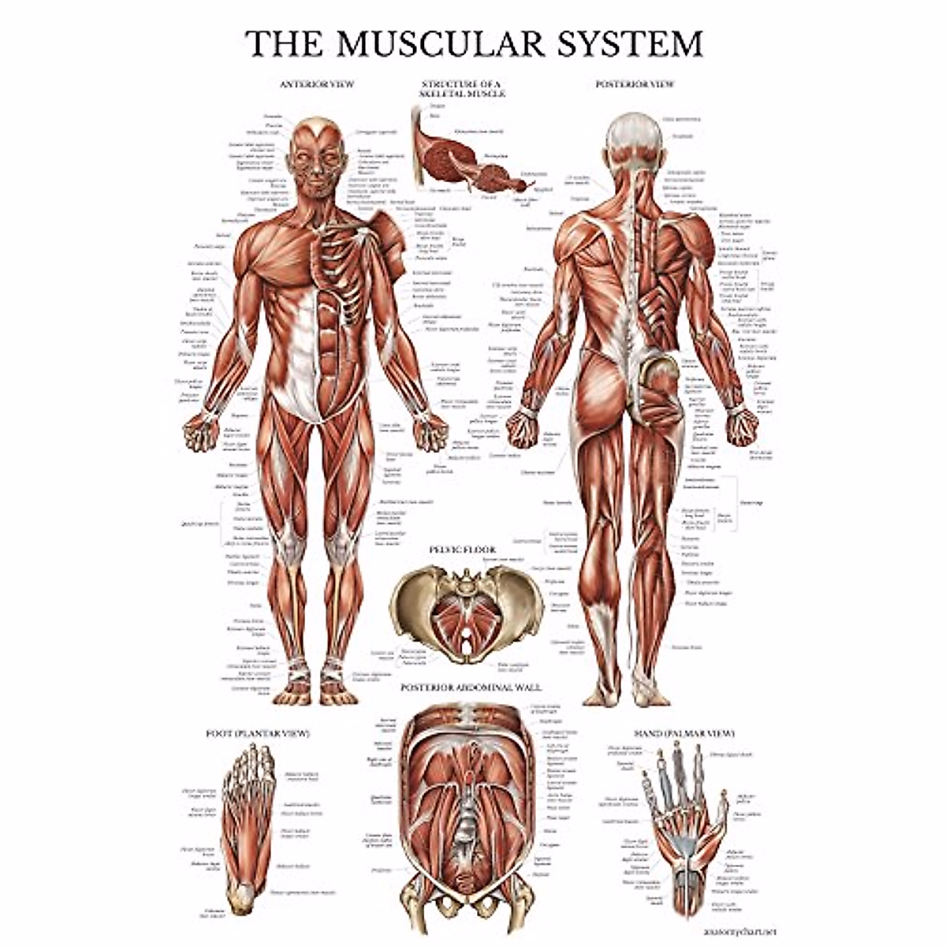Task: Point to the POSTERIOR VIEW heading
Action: tap(635, 83)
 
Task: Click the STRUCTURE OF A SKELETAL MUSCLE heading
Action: tap(462, 88)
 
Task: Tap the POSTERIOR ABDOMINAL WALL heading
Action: tap(471, 687)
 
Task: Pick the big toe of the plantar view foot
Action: tap(265, 758)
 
